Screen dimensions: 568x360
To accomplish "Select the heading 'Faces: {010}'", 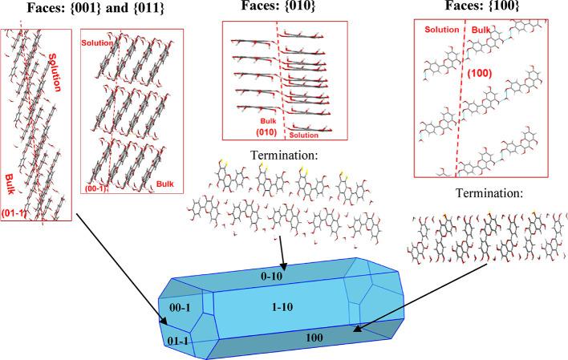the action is (x=284, y=9).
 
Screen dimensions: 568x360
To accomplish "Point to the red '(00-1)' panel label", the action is (x=95, y=189).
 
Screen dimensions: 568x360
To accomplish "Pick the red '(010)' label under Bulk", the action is (x=241, y=131).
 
